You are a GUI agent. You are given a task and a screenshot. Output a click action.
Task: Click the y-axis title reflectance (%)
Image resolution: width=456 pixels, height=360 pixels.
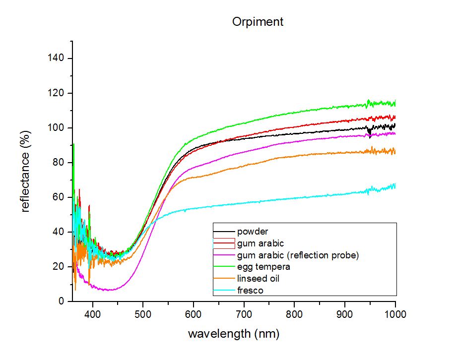(x=25, y=172)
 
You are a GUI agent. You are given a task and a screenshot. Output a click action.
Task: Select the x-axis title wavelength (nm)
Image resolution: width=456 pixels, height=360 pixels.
(x=234, y=334)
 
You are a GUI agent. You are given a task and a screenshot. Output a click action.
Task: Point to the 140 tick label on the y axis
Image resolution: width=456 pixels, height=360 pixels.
(x=56, y=58)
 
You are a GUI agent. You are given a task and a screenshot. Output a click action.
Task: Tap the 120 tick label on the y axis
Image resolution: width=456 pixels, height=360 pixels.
(x=56, y=93)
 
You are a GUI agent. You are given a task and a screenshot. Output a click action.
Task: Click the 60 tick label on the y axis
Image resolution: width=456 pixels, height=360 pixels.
(x=58, y=197)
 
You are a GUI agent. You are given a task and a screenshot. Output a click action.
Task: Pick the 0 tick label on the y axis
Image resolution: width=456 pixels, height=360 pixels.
(x=61, y=301)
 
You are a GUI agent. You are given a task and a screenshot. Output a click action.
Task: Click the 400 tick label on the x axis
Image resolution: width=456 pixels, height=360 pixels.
(x=92, y=314)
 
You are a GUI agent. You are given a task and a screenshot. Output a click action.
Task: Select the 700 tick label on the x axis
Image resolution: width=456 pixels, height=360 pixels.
(x=244, y=314)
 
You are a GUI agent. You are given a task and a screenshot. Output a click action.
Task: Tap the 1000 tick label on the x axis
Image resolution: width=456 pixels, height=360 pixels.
(x=395, y=314)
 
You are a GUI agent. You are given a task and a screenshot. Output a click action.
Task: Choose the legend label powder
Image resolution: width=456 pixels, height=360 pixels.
(x=253, y=232)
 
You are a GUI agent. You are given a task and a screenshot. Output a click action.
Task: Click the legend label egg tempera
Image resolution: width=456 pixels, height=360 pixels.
(x=263, y=267)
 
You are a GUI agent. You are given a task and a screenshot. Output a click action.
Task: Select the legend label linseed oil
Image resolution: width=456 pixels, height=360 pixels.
(x=258, y=279)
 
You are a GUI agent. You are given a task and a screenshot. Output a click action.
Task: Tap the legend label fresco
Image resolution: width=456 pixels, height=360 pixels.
(x=250, y=291)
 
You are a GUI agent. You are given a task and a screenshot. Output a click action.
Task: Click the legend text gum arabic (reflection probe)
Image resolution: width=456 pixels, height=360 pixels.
(x=298, y=255)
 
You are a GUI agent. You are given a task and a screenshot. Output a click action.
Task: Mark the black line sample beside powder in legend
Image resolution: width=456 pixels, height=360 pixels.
(x=224, y=232)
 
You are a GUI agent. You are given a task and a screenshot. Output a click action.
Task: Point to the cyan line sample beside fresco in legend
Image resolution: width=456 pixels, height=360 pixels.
(x=224, y=290)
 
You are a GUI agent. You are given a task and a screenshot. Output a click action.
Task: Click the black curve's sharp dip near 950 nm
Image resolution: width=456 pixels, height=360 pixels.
(x=370, y=135)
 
